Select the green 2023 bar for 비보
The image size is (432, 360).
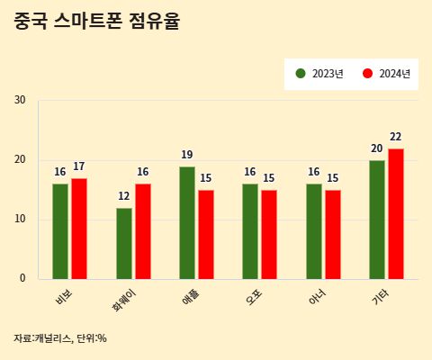coord(60,230)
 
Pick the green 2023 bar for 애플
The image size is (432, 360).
coord(187,222)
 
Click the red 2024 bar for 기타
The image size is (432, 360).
coord(396,213)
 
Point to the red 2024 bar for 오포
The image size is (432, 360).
coord(269,234)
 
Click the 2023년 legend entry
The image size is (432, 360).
coord(320,74)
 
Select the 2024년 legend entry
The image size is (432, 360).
coord(387,74)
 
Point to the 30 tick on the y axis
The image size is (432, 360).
coord(20,100)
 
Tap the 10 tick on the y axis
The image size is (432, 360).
coord(20,219)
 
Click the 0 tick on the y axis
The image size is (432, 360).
coord(22,278)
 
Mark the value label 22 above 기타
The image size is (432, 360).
coord(396,137)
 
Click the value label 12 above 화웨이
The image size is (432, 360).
coord(124,196)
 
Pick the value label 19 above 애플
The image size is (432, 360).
coord(187,155)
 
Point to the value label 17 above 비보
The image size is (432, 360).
coord(79,166)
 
